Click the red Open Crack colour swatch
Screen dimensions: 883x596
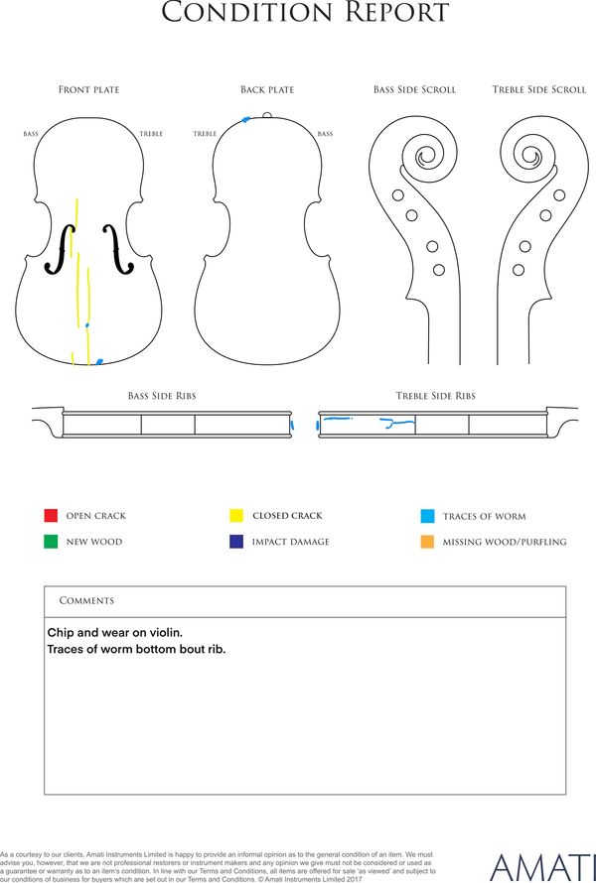coord(51,516)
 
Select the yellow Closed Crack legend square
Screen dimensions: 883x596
coord(236,516)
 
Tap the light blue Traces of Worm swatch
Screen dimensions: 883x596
coord(427,516)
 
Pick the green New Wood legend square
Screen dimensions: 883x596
coord(51,542)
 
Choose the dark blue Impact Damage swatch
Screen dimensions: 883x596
coord(236,542)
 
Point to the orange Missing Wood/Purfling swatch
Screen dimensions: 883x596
coord(427,542)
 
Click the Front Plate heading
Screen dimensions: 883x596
coord(88,90)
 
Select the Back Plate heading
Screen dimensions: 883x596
coord(267,90)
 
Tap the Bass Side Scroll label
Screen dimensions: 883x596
coord(414,90)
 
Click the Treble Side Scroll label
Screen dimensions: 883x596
coord(538,90)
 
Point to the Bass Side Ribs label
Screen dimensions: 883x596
coord(161,396)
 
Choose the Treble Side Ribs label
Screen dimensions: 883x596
coord(435,396)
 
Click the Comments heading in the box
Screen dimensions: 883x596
coord(86,601)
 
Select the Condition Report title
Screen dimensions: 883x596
coord(304,14)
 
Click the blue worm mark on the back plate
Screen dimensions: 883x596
coord(246,120)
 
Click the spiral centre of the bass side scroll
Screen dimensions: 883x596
coord(428,157)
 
